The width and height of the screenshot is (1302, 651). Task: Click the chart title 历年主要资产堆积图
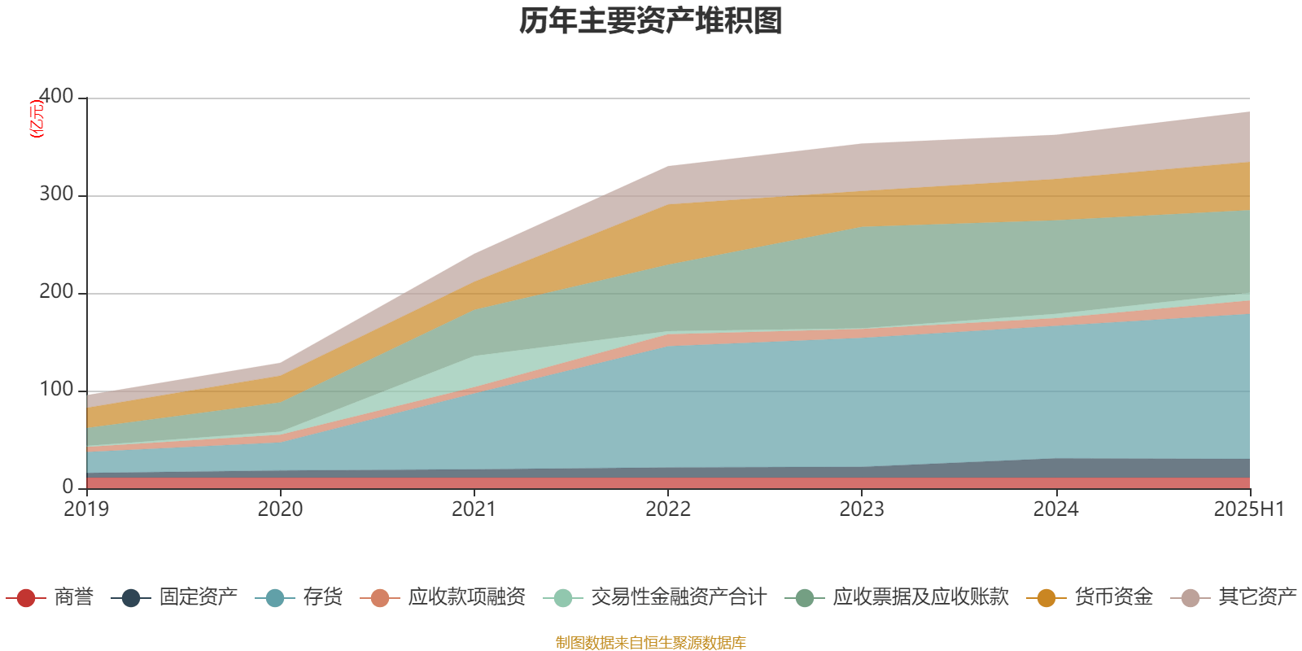coord(651,21)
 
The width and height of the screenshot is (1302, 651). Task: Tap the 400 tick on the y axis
coord(56,97)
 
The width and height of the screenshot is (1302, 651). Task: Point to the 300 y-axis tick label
coord(56,194)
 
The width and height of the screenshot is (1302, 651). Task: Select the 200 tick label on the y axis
coord(56,292)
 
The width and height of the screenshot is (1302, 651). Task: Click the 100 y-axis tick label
coord(56,390)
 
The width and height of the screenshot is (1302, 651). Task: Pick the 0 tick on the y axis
coord(68,487)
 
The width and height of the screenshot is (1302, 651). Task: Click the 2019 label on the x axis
coord(86,509)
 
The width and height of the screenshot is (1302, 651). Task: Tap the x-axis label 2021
coord(474,509)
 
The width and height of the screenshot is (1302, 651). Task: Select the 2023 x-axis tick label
coord(862,509)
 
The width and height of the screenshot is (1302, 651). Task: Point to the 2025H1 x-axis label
coord(1248,509)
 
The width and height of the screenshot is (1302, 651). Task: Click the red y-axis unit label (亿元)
coord(37,119)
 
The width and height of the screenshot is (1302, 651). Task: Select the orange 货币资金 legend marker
coord(1046,598)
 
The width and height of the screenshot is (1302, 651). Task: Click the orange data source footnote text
coord(651,643)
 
